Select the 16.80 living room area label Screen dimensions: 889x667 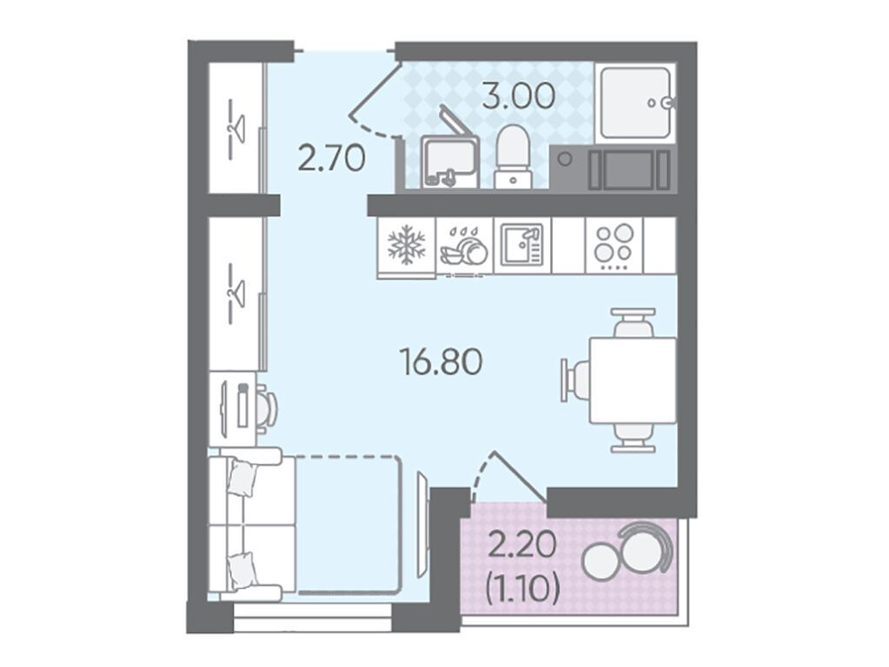[441, 362]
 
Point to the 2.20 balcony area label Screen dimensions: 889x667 [522, 549]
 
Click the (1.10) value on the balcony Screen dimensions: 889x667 [523, 590]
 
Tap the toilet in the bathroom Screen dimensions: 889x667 [513, 157]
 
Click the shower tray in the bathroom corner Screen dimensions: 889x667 [635, 102]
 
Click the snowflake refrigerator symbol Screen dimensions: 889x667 [406, 246]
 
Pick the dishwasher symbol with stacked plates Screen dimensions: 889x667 [465, 247]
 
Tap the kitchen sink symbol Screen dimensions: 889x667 [521, 246]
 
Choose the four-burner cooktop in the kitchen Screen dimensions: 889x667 [614, 246]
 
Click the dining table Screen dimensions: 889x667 [633, 380]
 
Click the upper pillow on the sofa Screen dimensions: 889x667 [242, 479]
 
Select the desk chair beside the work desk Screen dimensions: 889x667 [267, 406]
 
